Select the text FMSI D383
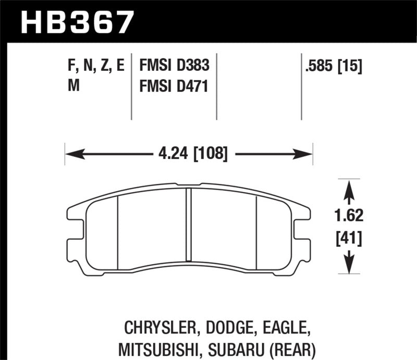(174, 66)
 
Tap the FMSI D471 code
(174, 87)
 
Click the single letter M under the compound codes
(74, 87)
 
